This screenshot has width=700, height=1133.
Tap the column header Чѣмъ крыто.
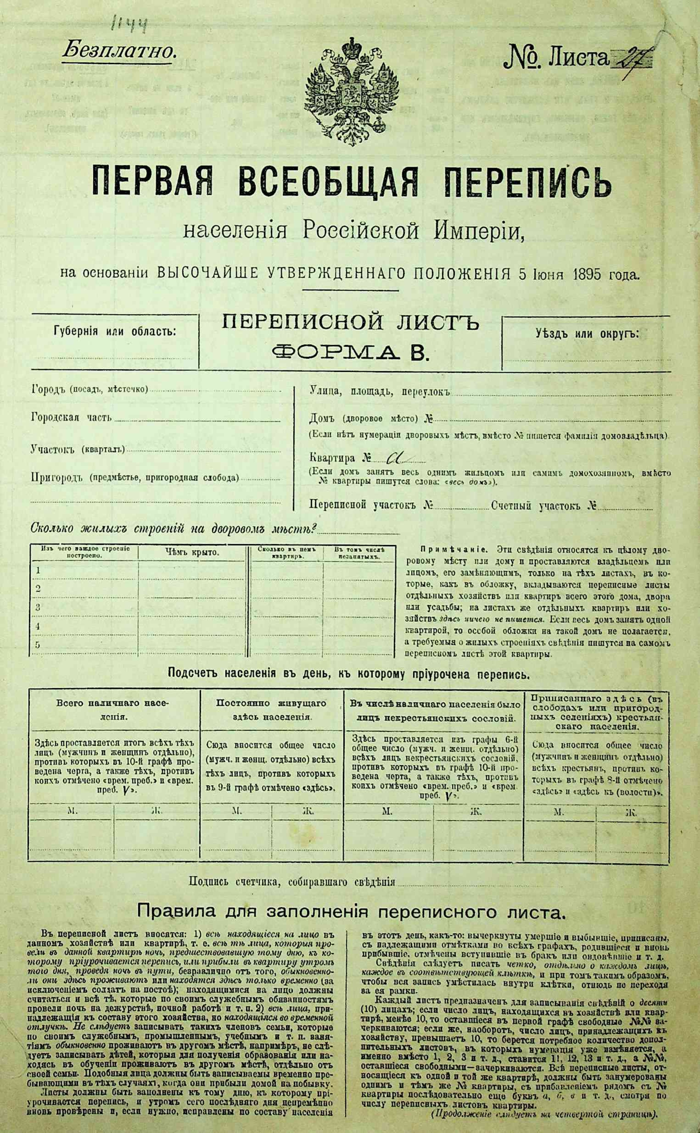(192, 552)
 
